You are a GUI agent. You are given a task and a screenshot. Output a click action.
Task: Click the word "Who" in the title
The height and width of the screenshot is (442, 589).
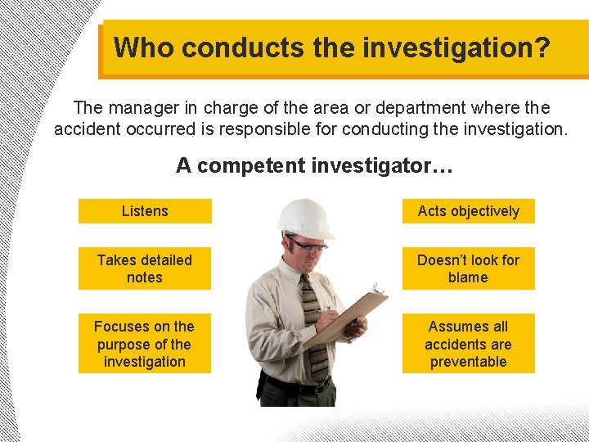pyautogui.click(x=144, y=47)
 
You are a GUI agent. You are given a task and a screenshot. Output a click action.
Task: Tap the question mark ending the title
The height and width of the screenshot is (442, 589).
pyautogui.click(x=541, y=47)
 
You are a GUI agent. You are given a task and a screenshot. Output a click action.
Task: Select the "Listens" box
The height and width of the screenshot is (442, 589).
pyautogui.click(x=145, y=211)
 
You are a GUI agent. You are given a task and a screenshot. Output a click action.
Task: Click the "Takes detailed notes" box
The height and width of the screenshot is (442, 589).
pyautogui.click(x=145, y=268)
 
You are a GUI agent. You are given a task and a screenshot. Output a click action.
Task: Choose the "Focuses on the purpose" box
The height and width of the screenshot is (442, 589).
pyautogui.click(x=145, y=344)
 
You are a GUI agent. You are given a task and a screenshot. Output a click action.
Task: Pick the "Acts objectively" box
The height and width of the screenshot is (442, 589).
pyautogui.click(x=468, y=211)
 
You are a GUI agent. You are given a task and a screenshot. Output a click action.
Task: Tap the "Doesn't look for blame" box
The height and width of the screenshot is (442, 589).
pyautogui.click(x=468, y=268)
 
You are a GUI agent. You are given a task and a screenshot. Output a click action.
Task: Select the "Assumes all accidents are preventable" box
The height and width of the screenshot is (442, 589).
pyautogui.click(x=468, y=344)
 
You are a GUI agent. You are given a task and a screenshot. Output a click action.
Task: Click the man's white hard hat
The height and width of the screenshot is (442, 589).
pyautogui.click(x=303, y=217)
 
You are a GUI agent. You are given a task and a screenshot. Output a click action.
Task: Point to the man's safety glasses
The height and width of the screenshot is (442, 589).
pyautogui.click(x=308, y=243)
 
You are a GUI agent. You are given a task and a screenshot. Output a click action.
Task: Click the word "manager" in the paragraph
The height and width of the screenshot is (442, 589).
pyautogui.click(x=142, y=108)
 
